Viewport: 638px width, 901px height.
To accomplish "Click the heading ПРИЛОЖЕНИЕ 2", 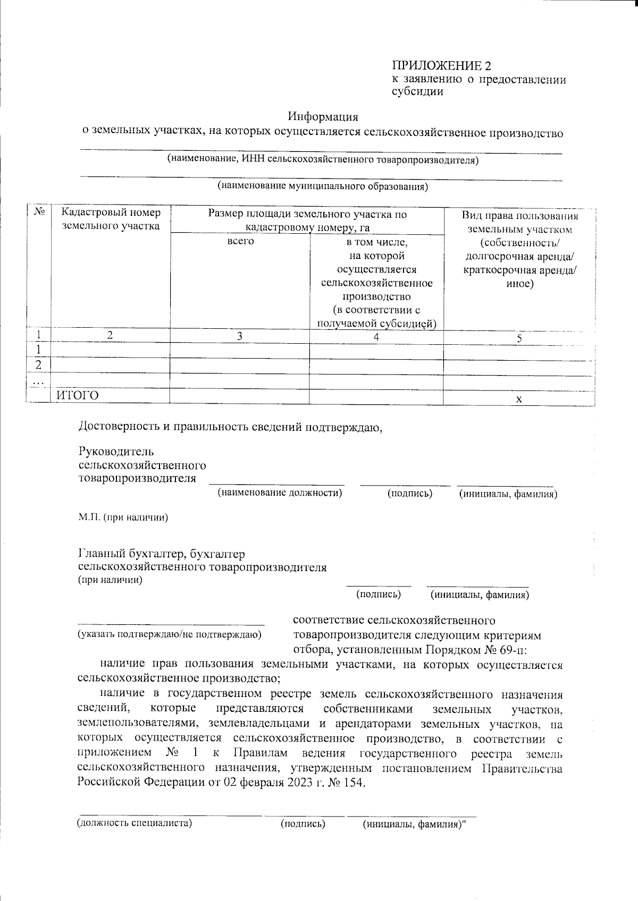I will click(441, 66).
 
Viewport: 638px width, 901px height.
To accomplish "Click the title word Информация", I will click(323, 116).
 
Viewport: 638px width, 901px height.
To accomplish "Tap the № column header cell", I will click(39, 212).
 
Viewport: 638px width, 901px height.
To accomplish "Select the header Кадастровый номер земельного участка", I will click(111, 219).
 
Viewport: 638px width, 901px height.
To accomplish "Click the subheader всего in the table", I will click(240, 241).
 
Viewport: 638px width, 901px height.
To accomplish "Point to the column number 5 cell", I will click(519, 338).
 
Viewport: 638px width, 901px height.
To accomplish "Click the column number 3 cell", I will click(240, 336).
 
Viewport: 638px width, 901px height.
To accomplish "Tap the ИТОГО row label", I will click(78, 396).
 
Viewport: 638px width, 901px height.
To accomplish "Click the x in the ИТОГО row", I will click(519, 399).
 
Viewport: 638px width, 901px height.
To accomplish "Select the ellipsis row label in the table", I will click(38, 381).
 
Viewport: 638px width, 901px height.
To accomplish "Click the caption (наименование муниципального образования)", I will click(322, 186).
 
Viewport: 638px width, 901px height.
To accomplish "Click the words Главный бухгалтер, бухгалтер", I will click(162, 554).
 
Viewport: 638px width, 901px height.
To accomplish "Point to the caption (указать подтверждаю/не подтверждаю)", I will click(170, 634).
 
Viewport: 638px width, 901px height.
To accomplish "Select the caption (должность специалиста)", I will click(134, 824).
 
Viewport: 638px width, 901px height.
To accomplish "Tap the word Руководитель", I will click(116, 452).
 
